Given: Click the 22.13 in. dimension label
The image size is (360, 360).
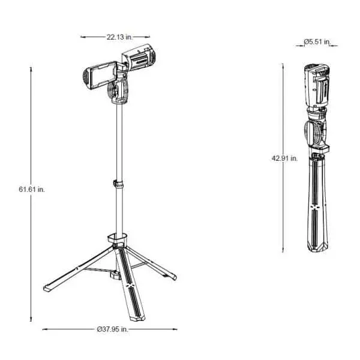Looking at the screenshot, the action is pyautogui.click(x=119, y=37).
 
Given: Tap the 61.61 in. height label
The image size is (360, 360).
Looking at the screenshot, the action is pyautogui.click(x=32, y=190).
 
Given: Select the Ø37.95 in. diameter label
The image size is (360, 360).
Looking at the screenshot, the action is pyautogui.click(x=112, y=329).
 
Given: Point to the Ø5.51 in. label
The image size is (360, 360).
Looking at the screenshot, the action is pyautogui.click(x=317, y=42).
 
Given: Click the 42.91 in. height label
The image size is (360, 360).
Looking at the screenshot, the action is pyautogui.click(x=284, y=158).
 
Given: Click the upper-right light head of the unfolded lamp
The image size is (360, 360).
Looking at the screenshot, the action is pyautogui.click(x=139, y=58).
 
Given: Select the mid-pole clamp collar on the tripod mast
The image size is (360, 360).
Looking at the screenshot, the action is pyautogui.click(x=118, y=184).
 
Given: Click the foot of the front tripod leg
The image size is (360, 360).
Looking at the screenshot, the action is pyautogui.click(x=137, y=318).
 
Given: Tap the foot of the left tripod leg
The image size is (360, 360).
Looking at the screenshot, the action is pyautogui.click(x=47, y=289).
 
